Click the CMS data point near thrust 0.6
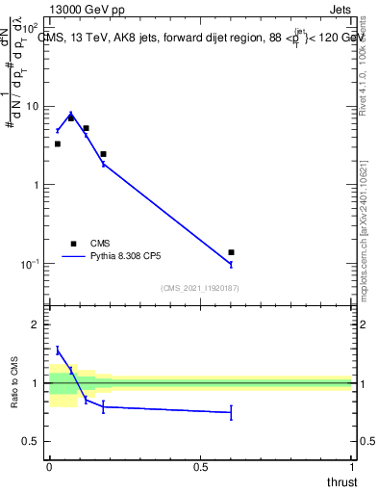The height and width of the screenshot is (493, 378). [x=231, y=252]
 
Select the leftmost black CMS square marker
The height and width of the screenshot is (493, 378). [x=58, y=143]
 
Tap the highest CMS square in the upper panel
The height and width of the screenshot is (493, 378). [x=71, y=117]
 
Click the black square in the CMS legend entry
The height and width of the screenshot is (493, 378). [x=72, y=244]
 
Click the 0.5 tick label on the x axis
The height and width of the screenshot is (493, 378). [x=200, y=466]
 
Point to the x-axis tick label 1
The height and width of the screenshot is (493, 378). [x=351, y=466]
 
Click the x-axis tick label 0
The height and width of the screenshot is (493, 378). [x=49, y=466]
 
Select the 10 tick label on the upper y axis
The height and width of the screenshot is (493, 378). [x=35, y=107]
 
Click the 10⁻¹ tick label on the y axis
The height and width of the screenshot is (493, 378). [x=34, y=264]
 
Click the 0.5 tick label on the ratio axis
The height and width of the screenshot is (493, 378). [x=34, y=442]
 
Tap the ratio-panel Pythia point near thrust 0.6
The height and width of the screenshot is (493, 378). [x=231, y=412]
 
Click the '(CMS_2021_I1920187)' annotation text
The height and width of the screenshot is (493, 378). [x=199, y=289]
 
